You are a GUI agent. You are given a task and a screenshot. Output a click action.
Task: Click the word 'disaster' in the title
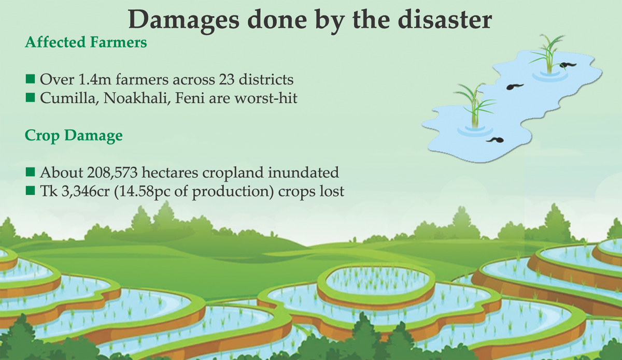[x=445, y=20]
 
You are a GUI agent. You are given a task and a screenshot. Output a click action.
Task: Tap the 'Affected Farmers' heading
[x=86, y=42]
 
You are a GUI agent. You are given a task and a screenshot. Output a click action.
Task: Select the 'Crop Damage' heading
[x=74, y=136]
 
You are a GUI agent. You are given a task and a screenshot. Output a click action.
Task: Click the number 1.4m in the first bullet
[x=95, y=80]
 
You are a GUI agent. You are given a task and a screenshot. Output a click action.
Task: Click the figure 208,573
[x=112, y=173]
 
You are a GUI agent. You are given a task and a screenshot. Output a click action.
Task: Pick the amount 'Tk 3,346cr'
[x=75, y=192]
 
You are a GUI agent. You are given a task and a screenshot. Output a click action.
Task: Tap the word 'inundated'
[x=303, y=172]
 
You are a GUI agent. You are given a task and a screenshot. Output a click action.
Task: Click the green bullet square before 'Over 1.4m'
[x=30, y=79]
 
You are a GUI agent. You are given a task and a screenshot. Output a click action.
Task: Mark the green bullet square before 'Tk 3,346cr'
[x=30, y=191]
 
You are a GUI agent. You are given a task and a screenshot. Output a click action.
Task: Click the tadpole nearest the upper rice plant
[x=568, y=65]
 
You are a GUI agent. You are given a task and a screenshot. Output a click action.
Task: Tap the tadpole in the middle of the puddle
[x=515, y=87]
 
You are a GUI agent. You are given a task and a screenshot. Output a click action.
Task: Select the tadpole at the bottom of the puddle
[x=495, y=140]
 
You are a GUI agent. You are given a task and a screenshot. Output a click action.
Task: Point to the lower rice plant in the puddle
[x=475, y=106]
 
